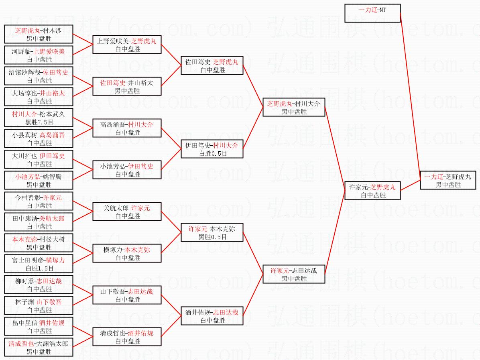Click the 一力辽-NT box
tap(372, 13)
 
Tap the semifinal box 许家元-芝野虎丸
tap(372, 191)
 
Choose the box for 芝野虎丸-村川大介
tap(294, 107)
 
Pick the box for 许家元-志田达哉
tap(294, 274)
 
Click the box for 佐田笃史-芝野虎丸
tap(212, 65)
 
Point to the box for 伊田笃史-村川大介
tap(212, 149)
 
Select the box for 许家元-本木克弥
tap(212, 232)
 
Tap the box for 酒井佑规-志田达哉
tap(212, 316)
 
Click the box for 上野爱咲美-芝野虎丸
tap(127, 45)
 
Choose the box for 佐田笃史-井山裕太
tap(127, 86)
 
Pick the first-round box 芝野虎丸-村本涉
tap(39, 34)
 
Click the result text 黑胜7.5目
tap(39, 122)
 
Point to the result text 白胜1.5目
tap(39, 268)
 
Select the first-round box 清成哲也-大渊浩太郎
tap(39, 347)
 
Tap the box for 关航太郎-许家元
tap(127, 212)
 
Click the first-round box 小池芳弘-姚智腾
tap(39, 180)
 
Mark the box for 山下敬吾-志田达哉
tap(127, 295)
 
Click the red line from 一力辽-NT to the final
tap(410, 96)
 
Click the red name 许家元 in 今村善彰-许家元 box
tap(52, 197)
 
